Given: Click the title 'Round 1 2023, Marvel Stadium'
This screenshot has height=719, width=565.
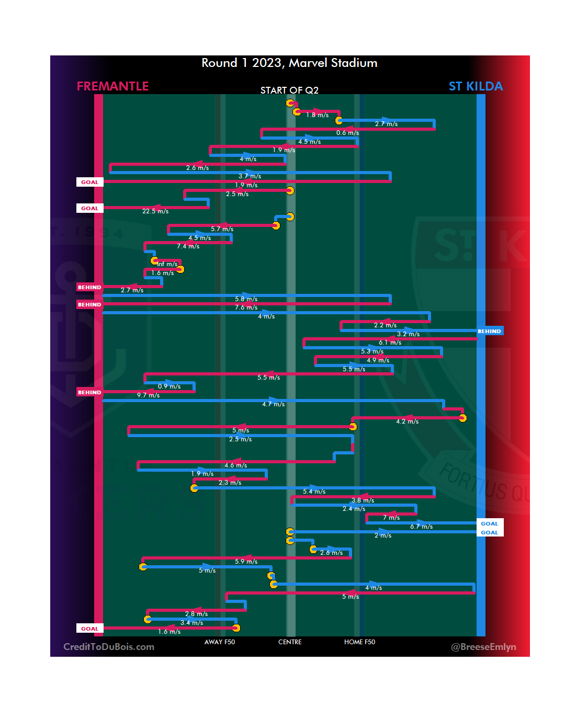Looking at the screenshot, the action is tap(289, 63).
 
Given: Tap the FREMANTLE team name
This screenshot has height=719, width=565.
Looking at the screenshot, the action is tap(112, 86).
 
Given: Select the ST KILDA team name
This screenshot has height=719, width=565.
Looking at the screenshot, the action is tap(476, 86).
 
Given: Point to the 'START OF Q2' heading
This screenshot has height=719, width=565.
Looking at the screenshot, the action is tap(289, 90).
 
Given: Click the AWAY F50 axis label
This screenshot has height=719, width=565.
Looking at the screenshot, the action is tap(220, 642).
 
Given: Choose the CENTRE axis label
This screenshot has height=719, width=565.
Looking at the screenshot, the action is tap(290, 642).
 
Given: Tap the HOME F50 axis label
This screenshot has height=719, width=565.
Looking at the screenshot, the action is tap(359, 642).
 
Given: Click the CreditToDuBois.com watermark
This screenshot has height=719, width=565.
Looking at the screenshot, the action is tap(109, 647).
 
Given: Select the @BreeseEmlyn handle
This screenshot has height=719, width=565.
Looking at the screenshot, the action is tap(483, 647).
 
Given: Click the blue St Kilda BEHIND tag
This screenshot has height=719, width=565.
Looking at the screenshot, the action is tap(489, 331).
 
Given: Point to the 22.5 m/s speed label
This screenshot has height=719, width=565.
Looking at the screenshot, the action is tap(155, 211).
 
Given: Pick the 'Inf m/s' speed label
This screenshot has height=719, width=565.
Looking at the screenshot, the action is tap(167, 264).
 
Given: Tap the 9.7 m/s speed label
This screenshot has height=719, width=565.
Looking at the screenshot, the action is tap(148, 395).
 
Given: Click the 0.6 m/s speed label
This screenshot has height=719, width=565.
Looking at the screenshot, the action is tap(347, 133).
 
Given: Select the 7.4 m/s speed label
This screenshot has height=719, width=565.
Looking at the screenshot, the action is tap(188, 246).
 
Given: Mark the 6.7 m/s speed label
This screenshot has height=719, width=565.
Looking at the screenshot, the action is tap(421, 527).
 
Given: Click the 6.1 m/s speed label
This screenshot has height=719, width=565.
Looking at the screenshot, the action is tap(390, 343).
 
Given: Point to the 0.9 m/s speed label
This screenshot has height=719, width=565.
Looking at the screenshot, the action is tap(169, 386).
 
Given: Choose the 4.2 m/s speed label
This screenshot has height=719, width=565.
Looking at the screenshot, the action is tap(407, 421).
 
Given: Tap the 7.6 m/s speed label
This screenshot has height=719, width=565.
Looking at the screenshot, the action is tap(246, 307).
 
